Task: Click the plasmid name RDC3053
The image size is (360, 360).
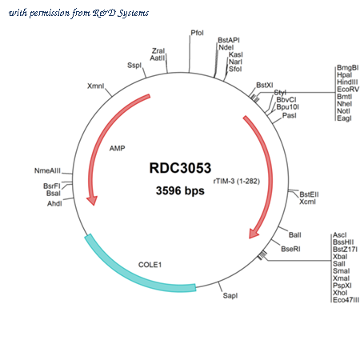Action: point(180,168)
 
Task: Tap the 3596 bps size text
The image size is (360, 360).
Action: point(180,190)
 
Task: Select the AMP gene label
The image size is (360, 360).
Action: point(117,148)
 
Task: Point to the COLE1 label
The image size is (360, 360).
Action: point(150,265)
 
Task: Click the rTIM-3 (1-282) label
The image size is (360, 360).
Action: point(237,181)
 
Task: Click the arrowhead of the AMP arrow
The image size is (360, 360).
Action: point(92,201)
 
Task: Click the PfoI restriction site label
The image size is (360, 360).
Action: point(197,33)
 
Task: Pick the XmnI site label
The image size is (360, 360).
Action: point(95,86)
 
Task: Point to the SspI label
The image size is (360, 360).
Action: point(134,66)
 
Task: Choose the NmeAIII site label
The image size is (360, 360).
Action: point(47,170)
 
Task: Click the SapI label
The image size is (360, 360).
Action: point(230,295)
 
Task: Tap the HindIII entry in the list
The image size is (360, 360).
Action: point(347,82)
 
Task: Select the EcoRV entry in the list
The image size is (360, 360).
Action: point(348,90)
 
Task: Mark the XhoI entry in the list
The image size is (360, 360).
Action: point(340,293)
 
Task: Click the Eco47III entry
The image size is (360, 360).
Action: point(346,300)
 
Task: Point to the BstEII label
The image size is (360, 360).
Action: point(309,194)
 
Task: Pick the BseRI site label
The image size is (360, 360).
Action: point(290,249)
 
